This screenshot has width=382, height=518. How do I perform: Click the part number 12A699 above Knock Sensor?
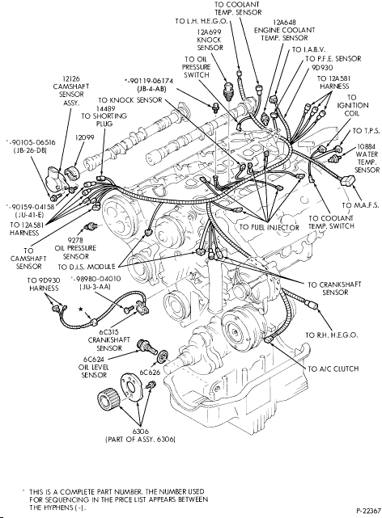[209, 32]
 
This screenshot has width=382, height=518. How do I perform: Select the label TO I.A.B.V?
[309, 49]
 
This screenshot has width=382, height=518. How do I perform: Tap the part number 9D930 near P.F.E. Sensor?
[322, 68]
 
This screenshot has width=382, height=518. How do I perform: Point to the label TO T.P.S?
[367, 131]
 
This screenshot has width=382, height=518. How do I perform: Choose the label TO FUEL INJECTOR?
[270, 227]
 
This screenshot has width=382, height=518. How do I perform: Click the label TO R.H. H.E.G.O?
[332, 335]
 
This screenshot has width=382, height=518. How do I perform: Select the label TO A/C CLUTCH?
[333, 368]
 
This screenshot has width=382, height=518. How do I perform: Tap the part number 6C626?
[150, 373]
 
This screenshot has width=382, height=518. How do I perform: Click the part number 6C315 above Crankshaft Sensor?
[108, 332]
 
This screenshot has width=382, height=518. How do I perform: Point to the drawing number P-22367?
[368, 511]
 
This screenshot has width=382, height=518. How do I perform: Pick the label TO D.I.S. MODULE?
[87, 267]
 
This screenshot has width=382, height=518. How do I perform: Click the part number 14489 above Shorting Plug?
[105, 108]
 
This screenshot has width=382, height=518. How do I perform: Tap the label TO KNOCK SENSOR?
[130, 99]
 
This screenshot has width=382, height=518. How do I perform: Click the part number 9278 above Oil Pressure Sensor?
[75, 240]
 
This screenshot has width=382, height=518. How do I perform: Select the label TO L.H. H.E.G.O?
[201, 21]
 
